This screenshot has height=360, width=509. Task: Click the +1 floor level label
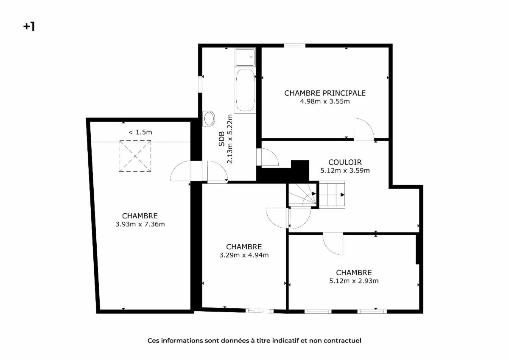pyautogui.click(x=29, y=27)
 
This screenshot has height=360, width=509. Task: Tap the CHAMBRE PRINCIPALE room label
pyautogui.click(x=325, y=93)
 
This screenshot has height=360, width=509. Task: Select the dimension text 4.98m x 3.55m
pyautogui.click(x=325, y=101)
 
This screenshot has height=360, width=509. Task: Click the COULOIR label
pyautogui.click(x=345, y=162)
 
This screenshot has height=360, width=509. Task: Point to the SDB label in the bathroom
pyautogui.click(x=221, y=139)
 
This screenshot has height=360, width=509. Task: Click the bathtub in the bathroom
pyautogui.click(x=245, y=90)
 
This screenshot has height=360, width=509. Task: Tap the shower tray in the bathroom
pyautogui.click(x=245, y=57)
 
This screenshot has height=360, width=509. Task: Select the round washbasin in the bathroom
pyautogui.click(x=209, y=119)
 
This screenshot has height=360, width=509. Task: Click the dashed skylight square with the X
pyautogui.click(x=135, y=156)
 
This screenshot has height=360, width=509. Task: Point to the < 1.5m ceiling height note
pyautogui.click(x=140, y=132)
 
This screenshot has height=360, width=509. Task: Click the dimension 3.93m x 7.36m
pyautogui.click(x=140, y=224)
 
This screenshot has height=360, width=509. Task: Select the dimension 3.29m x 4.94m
pyautogui.click(x=244, y=255)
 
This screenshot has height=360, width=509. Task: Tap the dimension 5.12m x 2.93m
pyautogui.click(x=354, y=281)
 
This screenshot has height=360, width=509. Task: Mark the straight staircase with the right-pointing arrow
pyautogui.click(x=332, y=195)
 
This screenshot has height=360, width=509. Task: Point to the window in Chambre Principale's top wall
pyautogui.click(x=295, y=46)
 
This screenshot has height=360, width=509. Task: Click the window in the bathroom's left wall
pyautogui.click(x=200, y=84)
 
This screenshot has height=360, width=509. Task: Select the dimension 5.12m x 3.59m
pyautogui.click(x=345, y=170)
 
